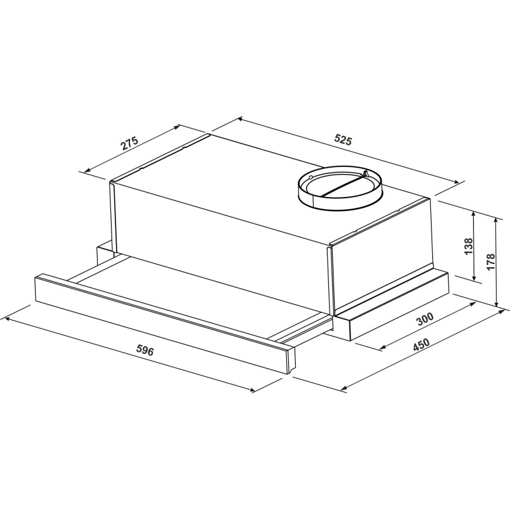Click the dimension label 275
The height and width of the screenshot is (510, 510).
(x=130, y=143)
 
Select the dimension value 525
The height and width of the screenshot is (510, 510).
(x=343, y=140)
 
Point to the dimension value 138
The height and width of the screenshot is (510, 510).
(x=469, y=246)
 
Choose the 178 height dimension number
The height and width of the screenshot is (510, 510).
(x=490, y=261)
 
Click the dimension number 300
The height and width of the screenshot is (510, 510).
(x=425, y=319)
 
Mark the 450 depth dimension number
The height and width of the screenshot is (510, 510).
(x=421, y=345)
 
